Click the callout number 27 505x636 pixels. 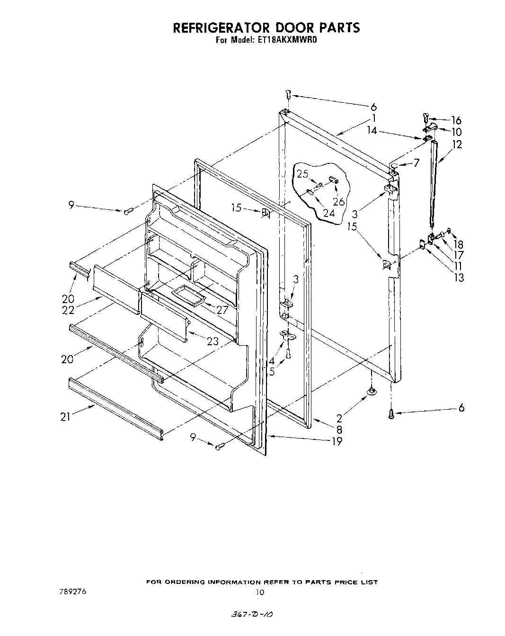coord(222,311)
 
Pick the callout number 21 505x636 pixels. coord(65,416)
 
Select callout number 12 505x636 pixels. coord(457,145)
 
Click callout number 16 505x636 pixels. coord(456,120)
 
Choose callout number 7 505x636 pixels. coord(416,163)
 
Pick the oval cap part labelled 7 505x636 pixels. coord(394,164)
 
